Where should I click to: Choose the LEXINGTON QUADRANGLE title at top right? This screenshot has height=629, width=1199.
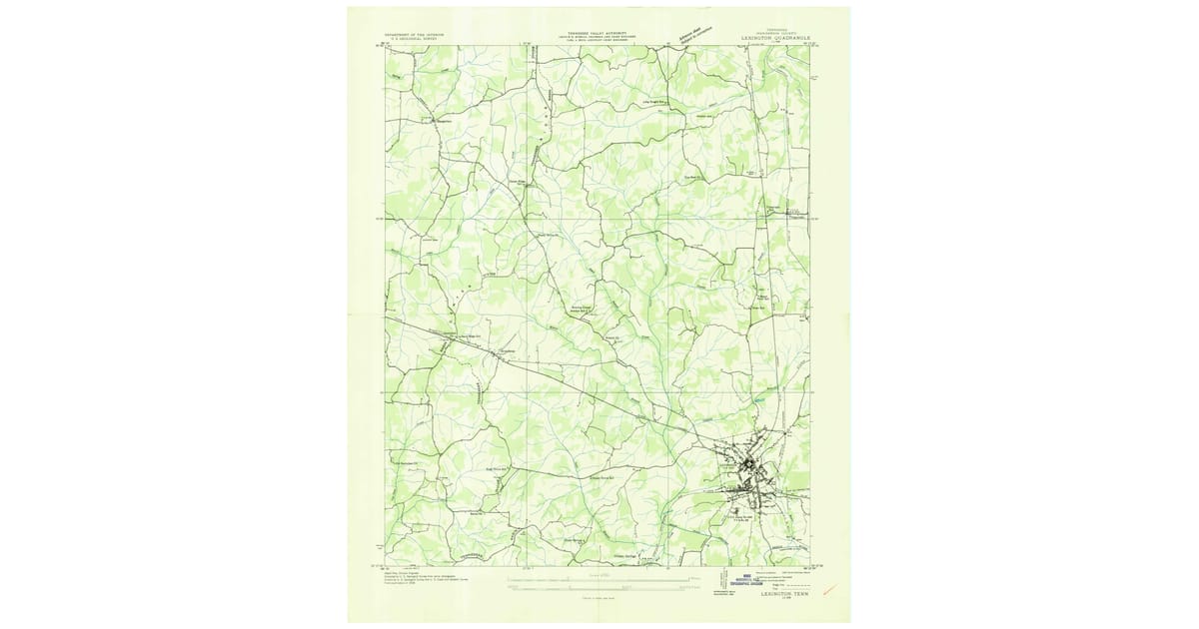point(766,36)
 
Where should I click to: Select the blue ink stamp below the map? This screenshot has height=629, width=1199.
point(740,579)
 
